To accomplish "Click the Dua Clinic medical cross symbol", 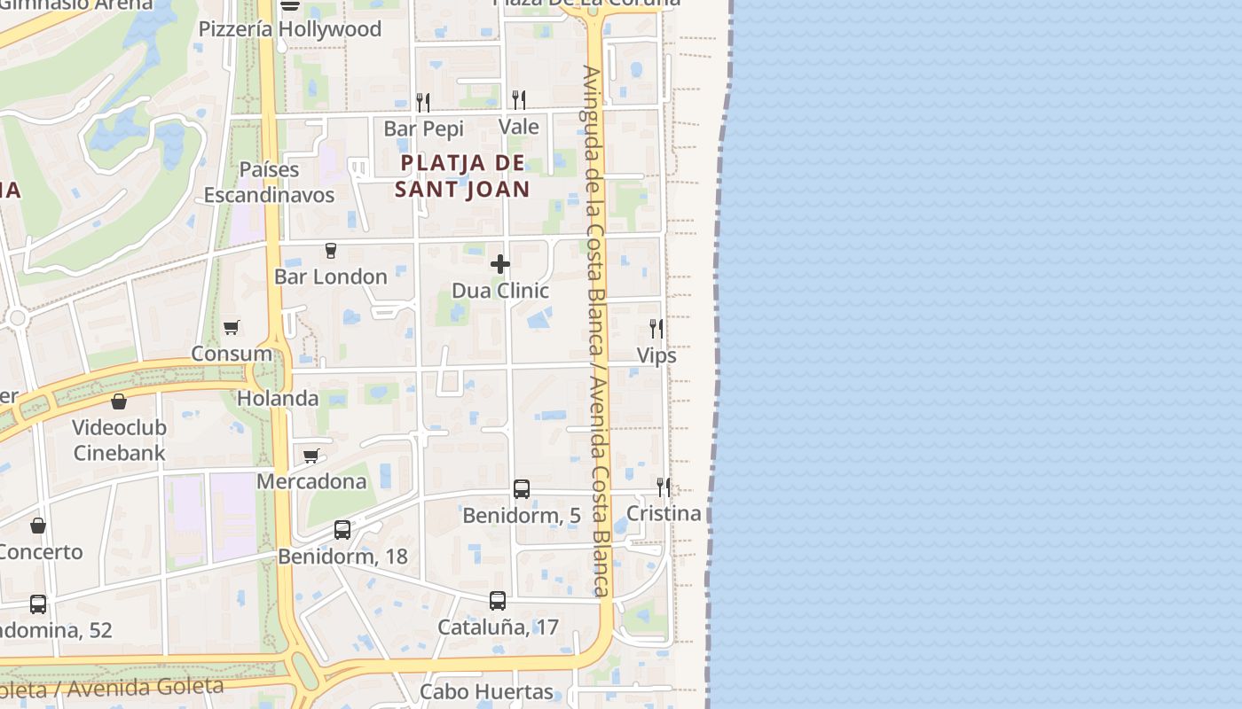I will (500, 264).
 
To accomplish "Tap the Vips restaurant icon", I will (656, 329).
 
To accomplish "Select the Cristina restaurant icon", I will (663, 487).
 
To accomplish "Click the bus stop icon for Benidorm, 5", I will (521, 489).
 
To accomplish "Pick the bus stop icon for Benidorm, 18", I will (342, 530).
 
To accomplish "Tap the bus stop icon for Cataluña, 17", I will (498, 601).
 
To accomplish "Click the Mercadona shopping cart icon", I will (311, 456).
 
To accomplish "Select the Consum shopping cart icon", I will (232, 327).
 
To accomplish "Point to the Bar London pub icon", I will (331, 251).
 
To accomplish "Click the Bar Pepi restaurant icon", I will (423, 102).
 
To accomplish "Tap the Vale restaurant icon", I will (519, 99).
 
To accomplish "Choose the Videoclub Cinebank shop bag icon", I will (119, 401).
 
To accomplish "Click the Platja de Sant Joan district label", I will (462, 175).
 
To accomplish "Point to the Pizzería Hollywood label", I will (289, 29).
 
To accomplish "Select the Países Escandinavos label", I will (270, 182).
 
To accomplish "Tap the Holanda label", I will (278, 399).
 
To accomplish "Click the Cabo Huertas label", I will (486, 691).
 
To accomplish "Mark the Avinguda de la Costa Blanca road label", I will (593, 328).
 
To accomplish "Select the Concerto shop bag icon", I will (38, 526).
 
